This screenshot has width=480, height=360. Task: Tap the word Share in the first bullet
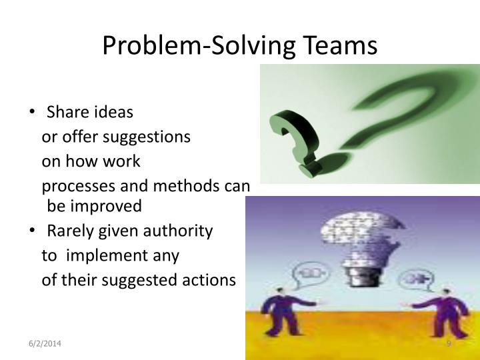[66, 112]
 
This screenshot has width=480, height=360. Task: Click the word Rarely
[72, 231]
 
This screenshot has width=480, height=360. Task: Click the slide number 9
[449, 343]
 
